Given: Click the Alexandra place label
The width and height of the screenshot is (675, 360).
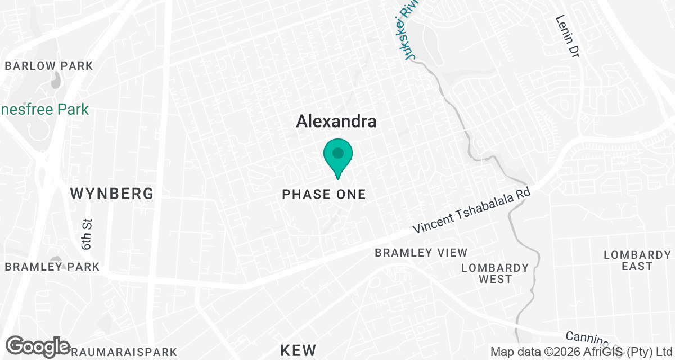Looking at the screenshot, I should tap(336, 121).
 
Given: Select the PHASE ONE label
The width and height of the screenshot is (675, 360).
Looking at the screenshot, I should tap(323, 195).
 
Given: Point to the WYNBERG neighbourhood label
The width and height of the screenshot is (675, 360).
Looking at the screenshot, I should tap(112, 194).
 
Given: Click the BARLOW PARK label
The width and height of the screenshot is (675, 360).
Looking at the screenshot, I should tap(48, 66).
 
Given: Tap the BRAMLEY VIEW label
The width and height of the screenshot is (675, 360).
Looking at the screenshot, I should tap(421, 253).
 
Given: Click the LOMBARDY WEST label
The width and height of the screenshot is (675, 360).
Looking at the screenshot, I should tap(495, 273).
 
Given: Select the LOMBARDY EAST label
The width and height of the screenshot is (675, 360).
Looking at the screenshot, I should tap(637, 260).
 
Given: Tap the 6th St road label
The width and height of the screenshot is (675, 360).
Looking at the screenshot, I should tap(87, 235).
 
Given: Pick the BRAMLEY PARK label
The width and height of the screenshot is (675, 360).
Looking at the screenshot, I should tap(52, 267).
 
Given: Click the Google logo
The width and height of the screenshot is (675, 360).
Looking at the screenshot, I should tap(38, 346).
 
